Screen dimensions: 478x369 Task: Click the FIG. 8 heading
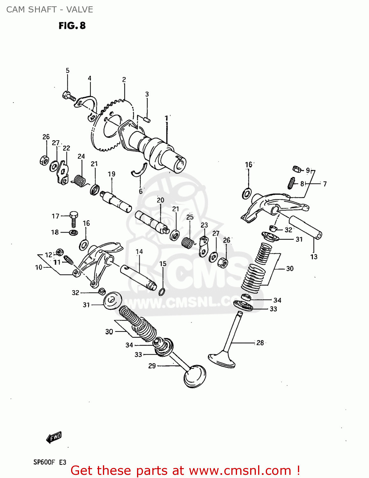72,25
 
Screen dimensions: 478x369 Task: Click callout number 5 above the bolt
68,70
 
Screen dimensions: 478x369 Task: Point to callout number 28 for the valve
260,343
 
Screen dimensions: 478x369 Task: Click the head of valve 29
195,377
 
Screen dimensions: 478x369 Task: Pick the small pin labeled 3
147,119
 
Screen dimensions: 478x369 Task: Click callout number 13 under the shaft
314,257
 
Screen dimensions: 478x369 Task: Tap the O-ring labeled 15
162,292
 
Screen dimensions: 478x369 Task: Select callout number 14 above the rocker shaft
139,252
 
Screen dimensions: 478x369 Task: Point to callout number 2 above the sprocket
124,79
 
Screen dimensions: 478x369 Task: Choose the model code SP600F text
44,462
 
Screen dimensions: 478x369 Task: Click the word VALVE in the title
80,10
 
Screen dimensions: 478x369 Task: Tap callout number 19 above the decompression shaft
112,174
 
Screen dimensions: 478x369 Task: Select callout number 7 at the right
325,184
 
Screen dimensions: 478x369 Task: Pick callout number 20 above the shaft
160,200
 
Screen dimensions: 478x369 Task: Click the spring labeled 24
80,181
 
